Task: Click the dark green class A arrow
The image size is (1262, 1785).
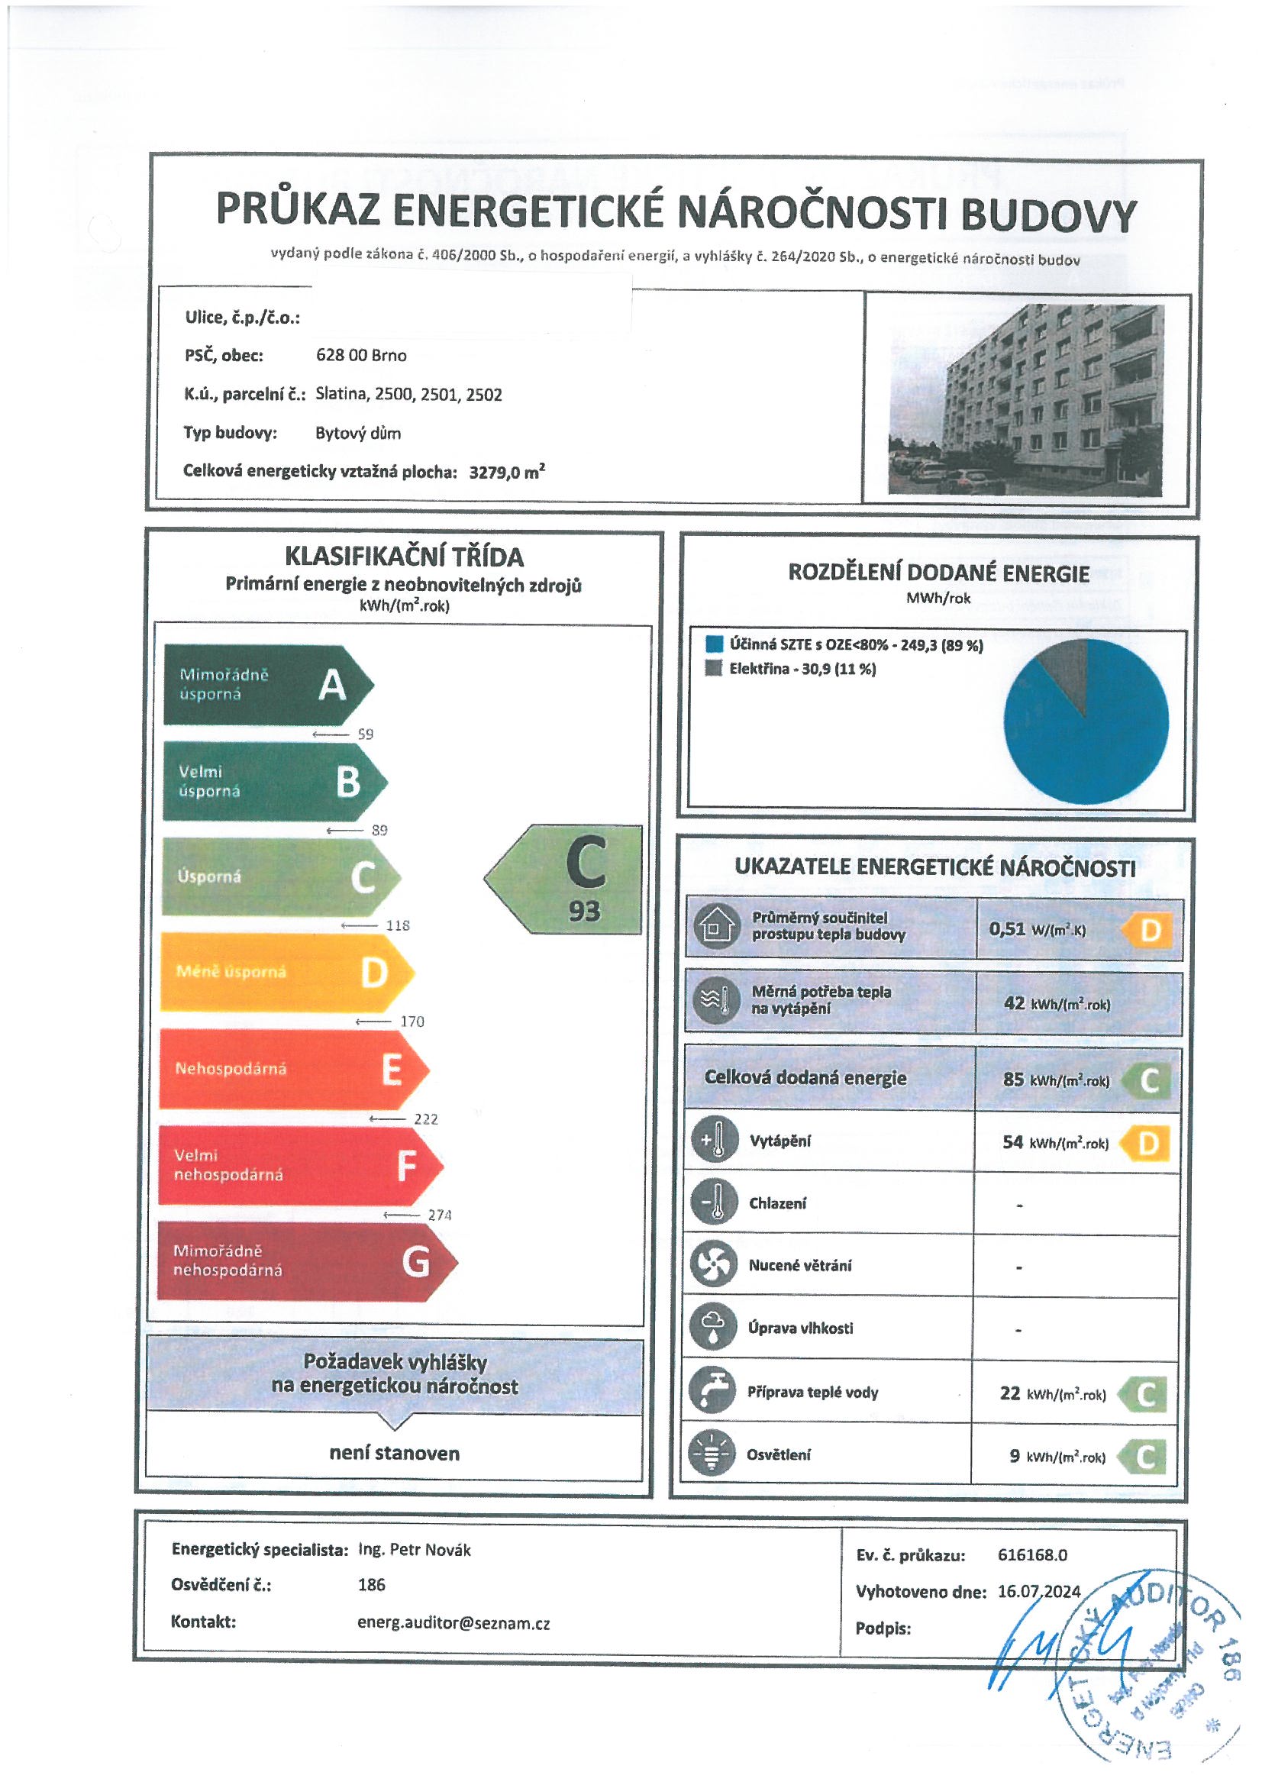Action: [264, 685]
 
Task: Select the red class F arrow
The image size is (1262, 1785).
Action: [295, 1164]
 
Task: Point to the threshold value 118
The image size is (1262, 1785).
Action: [397, 925]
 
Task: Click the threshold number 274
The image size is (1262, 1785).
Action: [439, 1215]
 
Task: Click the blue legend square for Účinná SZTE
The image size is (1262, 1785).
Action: [714, 644]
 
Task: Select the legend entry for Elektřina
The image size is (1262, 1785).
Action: [801, 669]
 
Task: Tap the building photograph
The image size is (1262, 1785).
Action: [1025, 399]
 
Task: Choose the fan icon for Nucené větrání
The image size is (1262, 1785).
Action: [712, 1265]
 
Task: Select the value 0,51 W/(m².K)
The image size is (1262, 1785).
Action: [1037, 929]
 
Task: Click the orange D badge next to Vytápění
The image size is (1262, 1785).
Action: [1146, 1143]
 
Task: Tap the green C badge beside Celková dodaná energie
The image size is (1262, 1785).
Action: [1147, 1080]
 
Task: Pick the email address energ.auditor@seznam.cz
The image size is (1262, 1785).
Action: [453, 1623]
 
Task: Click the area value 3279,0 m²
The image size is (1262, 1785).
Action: [506, 472]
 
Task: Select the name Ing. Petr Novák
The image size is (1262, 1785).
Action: [414, 1549]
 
